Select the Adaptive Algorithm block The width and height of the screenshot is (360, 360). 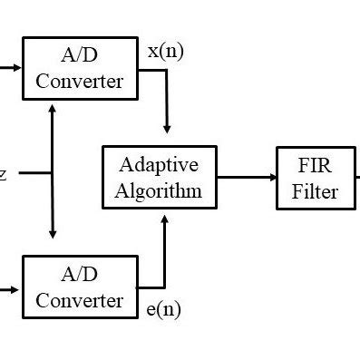coord(159,178)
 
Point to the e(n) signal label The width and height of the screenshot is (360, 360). coord(163,309)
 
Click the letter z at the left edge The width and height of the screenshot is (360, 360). coord(4,173)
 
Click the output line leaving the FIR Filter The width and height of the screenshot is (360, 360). coord(356,178)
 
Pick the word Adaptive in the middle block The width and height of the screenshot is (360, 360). coord(160,166)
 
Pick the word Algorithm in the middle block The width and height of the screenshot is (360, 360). coord(160,190)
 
